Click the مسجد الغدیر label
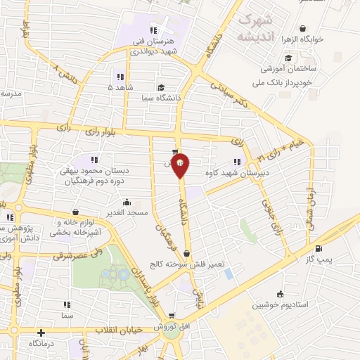click(x=127, y=212)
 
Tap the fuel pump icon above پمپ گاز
click(x=319, y=248)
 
